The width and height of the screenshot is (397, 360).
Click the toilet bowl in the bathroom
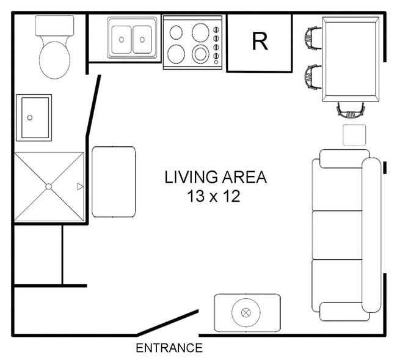(55, 60)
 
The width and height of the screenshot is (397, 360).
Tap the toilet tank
(55, 26)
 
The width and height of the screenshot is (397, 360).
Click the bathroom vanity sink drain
(30, 117)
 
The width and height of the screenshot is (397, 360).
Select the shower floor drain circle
(49, 186)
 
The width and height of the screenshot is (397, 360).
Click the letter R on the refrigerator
(260, 42)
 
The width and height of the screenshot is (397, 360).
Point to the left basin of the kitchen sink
(122, 40)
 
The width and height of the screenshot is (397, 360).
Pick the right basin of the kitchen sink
(142, 40)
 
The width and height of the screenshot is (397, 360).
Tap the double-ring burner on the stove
(200, 54)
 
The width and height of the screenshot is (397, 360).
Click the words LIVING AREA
(216, 177)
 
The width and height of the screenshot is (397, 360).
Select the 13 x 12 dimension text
(214, 196)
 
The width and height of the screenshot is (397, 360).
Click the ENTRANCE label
(169, 348)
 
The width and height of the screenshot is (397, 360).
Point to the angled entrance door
(167, 323)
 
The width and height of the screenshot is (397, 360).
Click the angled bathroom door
(93, 106)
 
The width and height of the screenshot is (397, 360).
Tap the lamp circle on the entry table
(246, 312)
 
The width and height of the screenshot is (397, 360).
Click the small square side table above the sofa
(354, 135)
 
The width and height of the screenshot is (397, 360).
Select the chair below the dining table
(351, 110)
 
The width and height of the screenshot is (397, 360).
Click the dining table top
(351, 59)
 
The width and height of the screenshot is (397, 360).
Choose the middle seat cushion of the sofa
(337, 235)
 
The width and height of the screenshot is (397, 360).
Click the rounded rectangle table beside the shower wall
(114, 182)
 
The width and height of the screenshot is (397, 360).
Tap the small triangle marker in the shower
(80, 186)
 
